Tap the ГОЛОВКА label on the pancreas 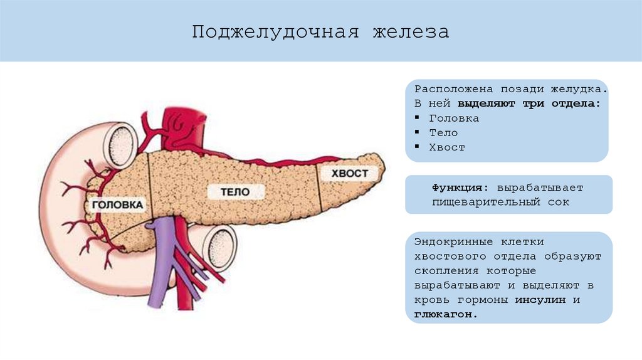(x=117, y=204)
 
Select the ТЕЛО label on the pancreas (x=235, y=192)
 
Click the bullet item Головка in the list (x=454, y=118)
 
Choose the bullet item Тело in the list (x=443, y=133)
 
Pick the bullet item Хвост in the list (x=447, y=147)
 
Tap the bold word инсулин (x=540, y=300)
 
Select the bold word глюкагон (x=445, y=314)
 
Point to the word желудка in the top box (x=579, y=89)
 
